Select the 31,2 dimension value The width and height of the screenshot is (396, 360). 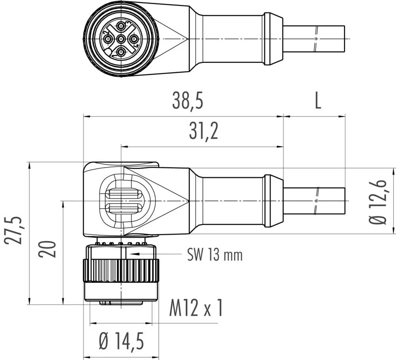(x=203, y=132)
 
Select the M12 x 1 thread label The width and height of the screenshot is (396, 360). (x=196, y=308)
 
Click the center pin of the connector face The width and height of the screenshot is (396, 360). (x=121, y=39)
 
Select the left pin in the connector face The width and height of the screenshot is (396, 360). (x=108, y=39)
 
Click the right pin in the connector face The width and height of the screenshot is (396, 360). (x=134, y=39)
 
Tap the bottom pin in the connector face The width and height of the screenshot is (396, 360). (x=121, y=52)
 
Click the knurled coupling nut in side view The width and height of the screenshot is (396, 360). (x=121, y=271)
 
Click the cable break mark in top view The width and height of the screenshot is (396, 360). (x=316, y=39)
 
